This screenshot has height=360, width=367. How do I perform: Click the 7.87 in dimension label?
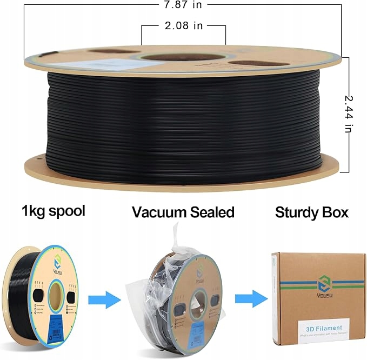[x=183, y=5]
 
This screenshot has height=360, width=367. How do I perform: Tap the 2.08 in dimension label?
[x=183, y=25]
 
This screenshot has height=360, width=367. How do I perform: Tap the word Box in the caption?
[x=337, y=212]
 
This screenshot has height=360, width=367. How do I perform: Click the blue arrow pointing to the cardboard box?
[x=250, y=297]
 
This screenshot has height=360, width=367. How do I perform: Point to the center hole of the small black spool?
[x=57, y=296]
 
